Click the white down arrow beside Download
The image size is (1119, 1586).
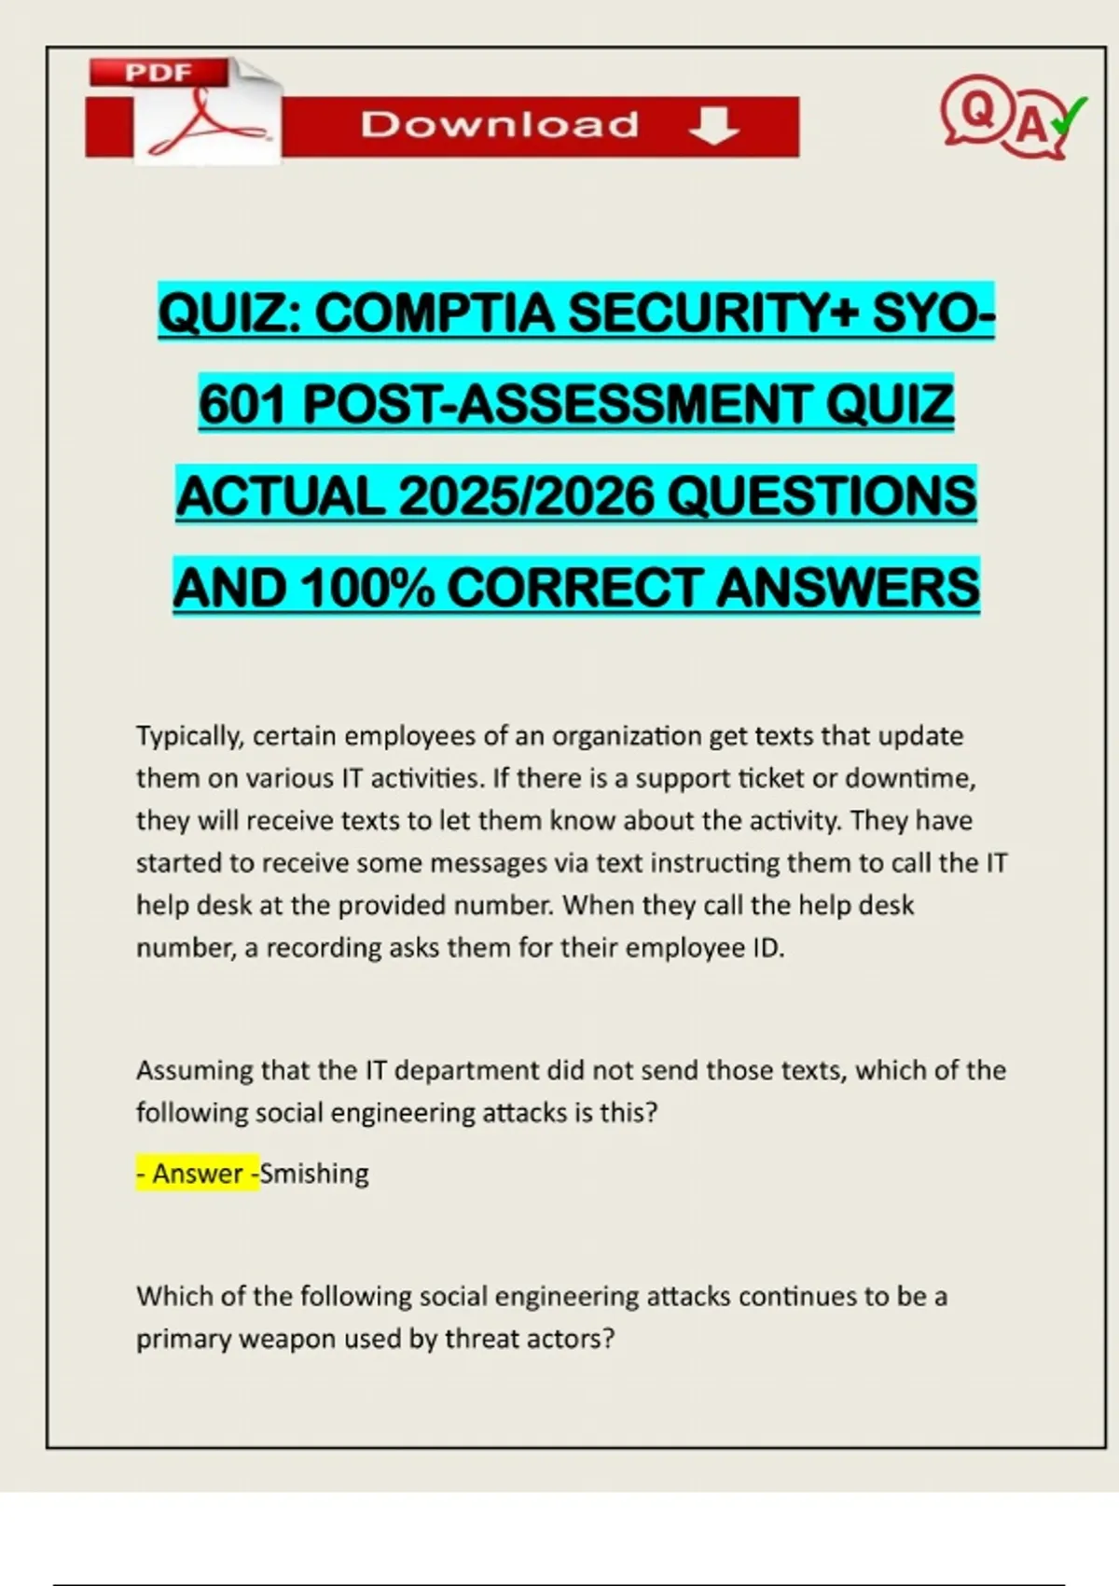(x=714, y=125)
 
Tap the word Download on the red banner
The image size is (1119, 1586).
(x=500, y=125)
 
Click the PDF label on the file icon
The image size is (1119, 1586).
(x=159, y=73)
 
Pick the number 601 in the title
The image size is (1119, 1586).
(x=244, y=404)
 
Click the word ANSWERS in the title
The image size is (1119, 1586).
(x=848, y=588)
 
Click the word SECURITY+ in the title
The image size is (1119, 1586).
(x=712, y=313)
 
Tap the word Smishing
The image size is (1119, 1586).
(x=314, y=1174)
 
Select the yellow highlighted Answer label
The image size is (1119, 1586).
(x=198, y=1174)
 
